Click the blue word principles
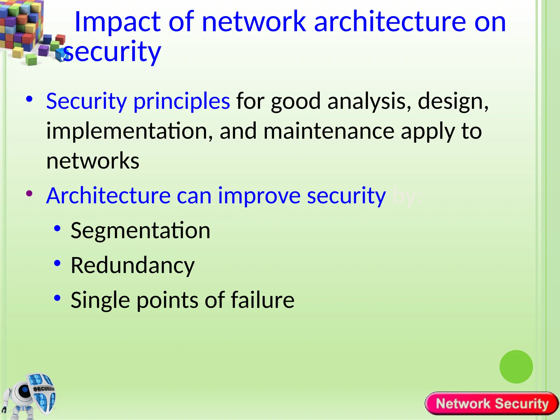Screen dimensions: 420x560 (182, 101)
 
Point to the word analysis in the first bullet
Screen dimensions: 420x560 (369, 101)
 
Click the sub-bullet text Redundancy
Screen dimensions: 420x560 (133, 265)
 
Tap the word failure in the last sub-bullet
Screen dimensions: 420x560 (262, 300)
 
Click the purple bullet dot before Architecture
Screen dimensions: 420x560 (29, 194)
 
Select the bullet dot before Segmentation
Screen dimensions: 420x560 (57, 228)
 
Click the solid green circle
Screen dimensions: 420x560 (516, 367)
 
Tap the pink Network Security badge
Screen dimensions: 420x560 (492, 404)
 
